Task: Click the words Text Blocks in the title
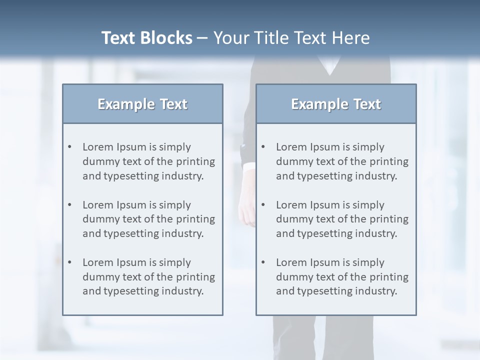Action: point(146,38)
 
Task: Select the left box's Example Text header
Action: point(142,104)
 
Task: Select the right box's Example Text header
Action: point(336,104)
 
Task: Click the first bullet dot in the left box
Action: point(70,147)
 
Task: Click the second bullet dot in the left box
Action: point(70,205)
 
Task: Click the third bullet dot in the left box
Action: point(70,262)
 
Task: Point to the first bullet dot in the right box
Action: point(263,147)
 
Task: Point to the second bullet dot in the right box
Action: point(263,205)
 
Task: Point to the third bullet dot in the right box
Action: point(263,262)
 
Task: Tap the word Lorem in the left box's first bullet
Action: point(98,147)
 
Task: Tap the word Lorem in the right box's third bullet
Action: point(291,262)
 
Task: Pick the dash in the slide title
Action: point(202,38)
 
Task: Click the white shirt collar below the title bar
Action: point(329,65)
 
